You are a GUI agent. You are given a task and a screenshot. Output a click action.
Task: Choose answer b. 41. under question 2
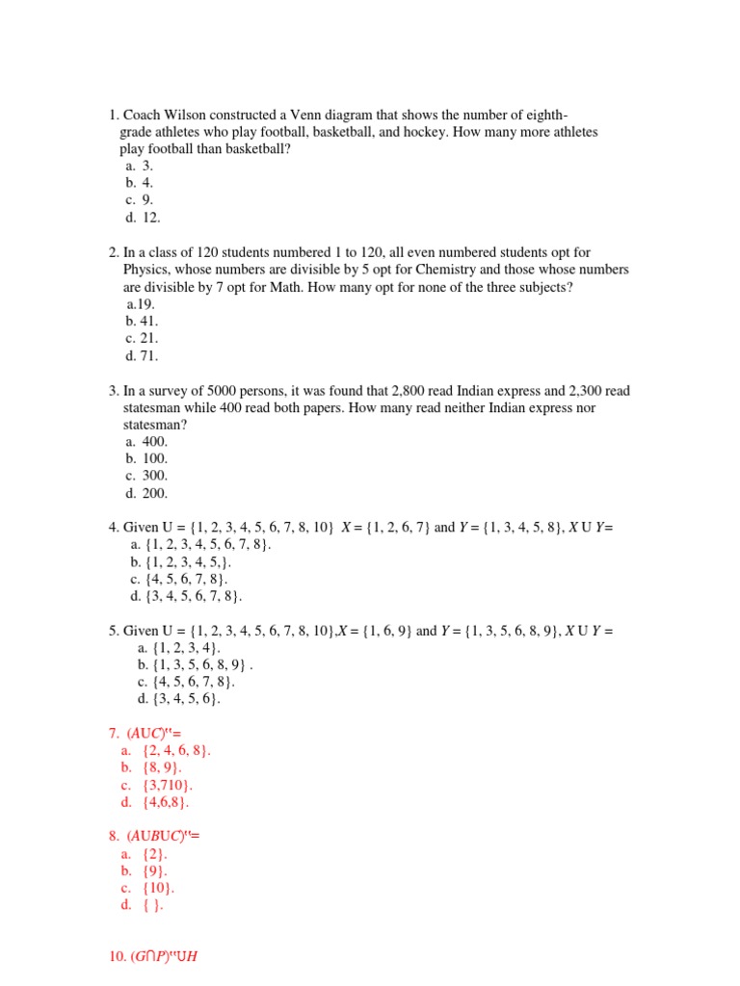(142, 322)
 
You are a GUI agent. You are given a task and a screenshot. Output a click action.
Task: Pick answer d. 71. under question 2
(142, 356)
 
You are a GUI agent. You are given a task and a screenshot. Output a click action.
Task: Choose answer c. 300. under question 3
(146, 476)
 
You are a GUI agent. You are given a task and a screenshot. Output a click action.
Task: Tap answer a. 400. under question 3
(146, 441)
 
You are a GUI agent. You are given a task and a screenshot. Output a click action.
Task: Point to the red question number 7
(114, 734)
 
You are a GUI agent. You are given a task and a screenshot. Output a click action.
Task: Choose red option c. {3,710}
(158, 786)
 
